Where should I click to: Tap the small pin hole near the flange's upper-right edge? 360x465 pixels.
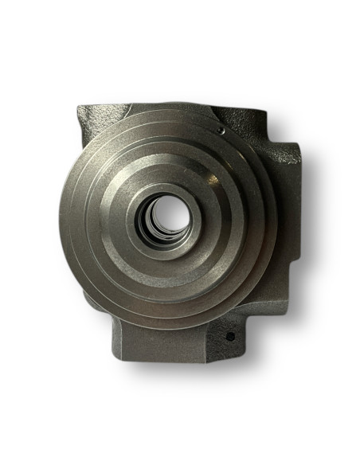click(x=218, y=126)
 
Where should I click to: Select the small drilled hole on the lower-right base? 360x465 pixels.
click(x=230, y=336)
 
